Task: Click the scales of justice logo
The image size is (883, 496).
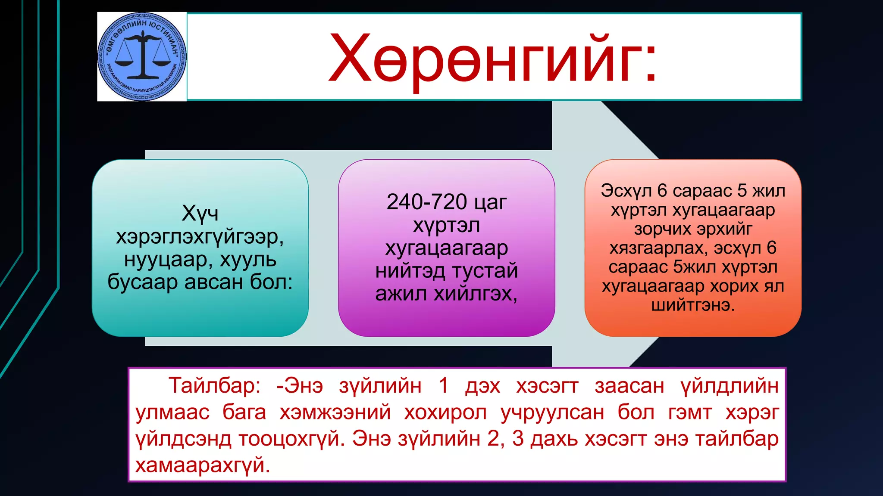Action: point(142,56)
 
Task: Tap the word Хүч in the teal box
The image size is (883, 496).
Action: point(200,213)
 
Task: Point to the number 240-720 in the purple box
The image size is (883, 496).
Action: point(426,202)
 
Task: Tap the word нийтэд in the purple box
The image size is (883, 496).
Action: point(410,271)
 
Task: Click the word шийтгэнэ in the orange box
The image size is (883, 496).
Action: point(692,305)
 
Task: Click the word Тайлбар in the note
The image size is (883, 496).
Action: point(214,385)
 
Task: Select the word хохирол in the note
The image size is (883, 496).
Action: point(445,412)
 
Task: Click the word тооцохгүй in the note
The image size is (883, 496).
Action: point(291,439)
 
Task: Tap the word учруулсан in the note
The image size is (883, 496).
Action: point(552,412)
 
